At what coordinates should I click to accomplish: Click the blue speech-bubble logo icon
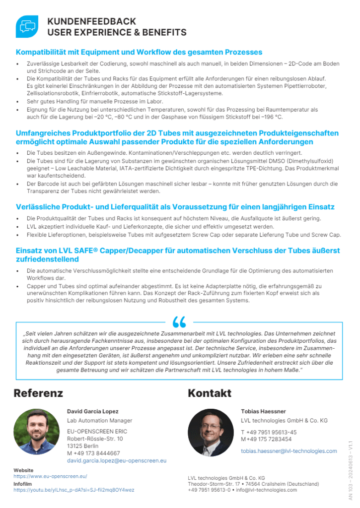[27, 27]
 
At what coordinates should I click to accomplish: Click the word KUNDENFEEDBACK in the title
[91, 22]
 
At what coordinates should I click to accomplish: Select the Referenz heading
[38, 393]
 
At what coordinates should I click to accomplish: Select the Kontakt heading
[210, 393]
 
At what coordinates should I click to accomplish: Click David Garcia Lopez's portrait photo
[36, 432]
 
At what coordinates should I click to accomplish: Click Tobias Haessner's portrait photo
[211, 432]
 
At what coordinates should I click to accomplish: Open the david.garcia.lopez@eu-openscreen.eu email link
[117, 460]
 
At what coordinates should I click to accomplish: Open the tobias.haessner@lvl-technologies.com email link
[288, 451]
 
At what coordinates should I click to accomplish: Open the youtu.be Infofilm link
[73, 490]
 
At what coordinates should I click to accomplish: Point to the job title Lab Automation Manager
[92, 421]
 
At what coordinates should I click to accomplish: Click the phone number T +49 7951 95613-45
[269, 432]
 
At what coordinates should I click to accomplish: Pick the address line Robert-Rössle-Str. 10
[95, 439]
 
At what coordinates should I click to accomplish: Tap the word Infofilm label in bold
[23, 483]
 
